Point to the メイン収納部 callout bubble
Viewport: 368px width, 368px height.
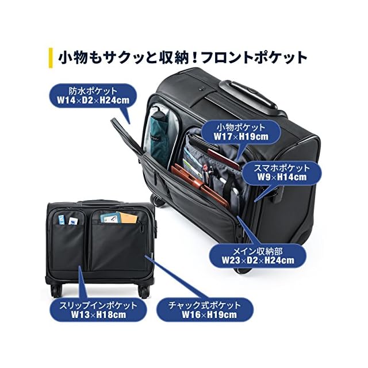[259, 255]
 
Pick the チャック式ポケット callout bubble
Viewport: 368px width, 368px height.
[207, 310]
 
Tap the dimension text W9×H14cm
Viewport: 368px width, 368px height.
[281, 178]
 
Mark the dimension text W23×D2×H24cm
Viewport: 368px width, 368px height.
[259, 260]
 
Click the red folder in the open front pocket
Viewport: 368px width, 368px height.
[198, 184]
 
